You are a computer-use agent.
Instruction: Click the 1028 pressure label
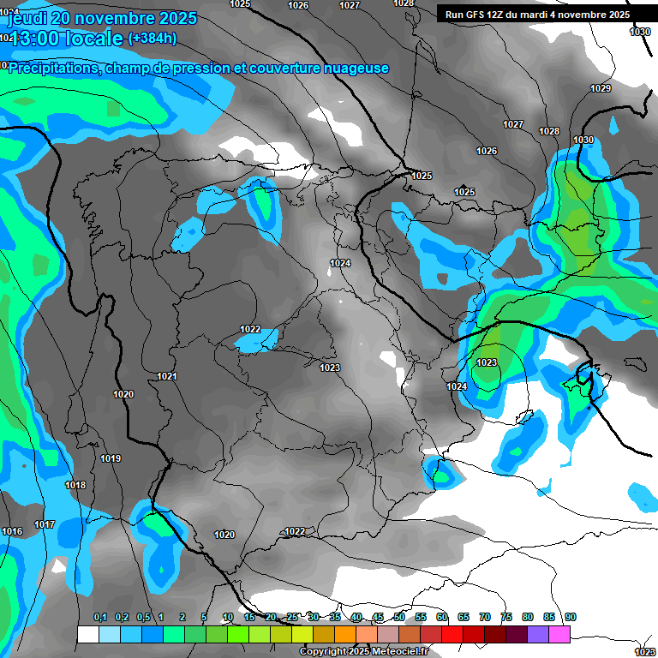[x=549, y=131]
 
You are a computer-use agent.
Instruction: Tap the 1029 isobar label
[x=601, y=89]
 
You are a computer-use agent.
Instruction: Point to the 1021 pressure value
[x=167, y=377]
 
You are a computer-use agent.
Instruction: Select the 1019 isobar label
[x=111, y=459]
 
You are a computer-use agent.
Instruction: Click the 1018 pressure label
[x=75, y=486]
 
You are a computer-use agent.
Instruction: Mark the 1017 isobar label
[x=45, y=524]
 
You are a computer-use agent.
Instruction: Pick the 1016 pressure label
[x=12, y=532]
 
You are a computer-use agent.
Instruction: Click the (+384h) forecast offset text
[x=153, y=39]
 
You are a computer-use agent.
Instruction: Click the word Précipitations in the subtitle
[x=53, y=68]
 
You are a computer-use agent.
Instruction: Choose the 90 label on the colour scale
[x=571, y=617]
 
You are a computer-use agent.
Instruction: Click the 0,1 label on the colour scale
[x=100, y=617]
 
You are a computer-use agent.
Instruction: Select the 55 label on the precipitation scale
[x=421, y=617]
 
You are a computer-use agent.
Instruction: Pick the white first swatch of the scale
[x=87, y=634]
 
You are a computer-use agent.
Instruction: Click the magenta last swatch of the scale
[x=559, y=634]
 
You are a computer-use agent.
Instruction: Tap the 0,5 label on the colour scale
[x=143, y=617]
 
